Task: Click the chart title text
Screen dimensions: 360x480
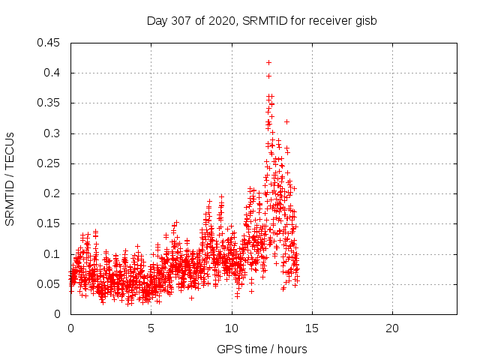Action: pos(261,20)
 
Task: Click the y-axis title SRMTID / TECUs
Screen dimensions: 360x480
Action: pos(10,178)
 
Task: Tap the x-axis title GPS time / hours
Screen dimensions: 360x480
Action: pos(262,349)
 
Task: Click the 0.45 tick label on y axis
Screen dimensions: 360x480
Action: pos(49,43)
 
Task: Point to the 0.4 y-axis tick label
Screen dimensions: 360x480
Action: pos(52,73)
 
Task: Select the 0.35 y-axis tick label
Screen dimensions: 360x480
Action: pos(49,103)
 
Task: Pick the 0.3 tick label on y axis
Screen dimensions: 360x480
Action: pos(52,133)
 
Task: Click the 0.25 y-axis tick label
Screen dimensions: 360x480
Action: pos(49,163)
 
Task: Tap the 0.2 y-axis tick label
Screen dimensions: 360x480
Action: pos(52,193)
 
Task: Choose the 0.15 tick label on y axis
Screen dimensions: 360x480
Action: pos(49,223)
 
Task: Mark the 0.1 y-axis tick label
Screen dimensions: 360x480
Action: pos(52,254)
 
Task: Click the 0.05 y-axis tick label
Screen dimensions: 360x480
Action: pos(49,284)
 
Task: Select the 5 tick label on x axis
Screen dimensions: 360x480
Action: pos(151,328)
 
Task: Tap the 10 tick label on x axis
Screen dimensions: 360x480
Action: pos(232,328)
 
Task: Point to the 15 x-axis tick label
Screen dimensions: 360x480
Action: pos(312,328)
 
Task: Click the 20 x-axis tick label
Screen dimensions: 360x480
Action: pos(392,328)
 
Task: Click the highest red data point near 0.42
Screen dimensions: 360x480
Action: pos(268,62)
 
